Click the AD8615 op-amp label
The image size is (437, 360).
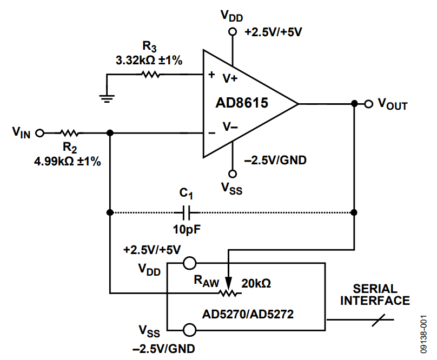[x=242, y=103]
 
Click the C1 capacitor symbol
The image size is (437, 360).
[x=187, y=211]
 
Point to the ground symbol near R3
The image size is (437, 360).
[x=107, y=97]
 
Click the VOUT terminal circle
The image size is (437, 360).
[x=368, y=103]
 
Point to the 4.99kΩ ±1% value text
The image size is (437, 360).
[x=67, y=161]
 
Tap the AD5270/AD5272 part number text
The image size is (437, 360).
[x=248, y=313]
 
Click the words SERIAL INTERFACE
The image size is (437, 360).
[x=374, y=295]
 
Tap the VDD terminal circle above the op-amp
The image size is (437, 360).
[x=233, y=31]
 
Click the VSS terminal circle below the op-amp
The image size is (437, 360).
[x=233, y=174]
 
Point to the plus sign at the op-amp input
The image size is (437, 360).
[x=211, y=75]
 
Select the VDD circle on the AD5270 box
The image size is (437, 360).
[x=189, y=263]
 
